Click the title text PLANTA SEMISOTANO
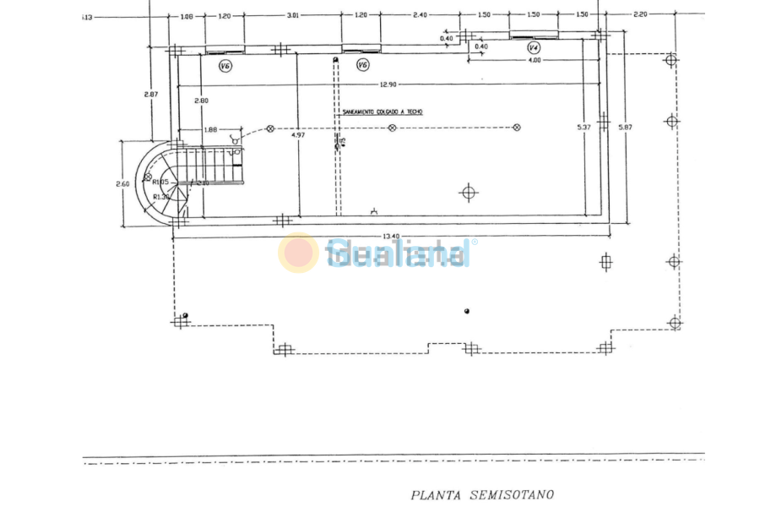[482, 495]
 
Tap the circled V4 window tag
[534, 48]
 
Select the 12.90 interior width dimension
[388, 84]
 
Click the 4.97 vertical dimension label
[297, 134]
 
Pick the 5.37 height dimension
[583, 127]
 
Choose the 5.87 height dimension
[625, 127]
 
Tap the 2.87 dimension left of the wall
[150, 94]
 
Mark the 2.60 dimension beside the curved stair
[122, 183]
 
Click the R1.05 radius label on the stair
[161, 182]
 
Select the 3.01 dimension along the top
[293, 15]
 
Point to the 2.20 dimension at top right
[640, 15]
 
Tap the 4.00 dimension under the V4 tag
[535, 60]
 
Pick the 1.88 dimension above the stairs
[211, 129]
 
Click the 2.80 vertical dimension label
[201, 101]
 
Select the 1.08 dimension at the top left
[187, 15]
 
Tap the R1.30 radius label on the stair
[161, 197]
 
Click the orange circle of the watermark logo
[298, 253]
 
